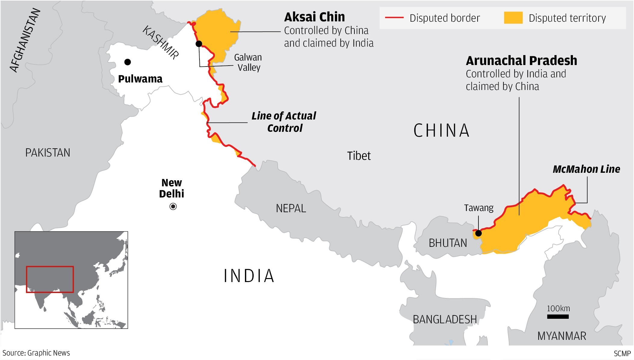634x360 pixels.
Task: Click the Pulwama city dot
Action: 128,62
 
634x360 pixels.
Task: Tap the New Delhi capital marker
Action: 173,206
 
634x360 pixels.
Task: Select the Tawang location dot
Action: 478,233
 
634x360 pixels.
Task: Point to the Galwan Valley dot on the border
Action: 199,44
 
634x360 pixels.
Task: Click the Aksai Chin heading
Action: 314,17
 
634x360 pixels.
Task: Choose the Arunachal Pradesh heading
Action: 521,61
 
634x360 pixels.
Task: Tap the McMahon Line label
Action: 586,169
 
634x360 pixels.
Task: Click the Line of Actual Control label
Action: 284,122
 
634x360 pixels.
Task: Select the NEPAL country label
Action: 291,208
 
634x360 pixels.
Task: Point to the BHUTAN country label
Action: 448,243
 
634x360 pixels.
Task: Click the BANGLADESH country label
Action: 444,319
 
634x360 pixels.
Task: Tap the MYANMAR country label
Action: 561,336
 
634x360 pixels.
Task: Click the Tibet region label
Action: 359,156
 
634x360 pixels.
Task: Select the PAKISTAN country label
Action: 48,153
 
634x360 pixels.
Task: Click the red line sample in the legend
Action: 394,18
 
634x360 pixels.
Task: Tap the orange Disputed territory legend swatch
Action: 513,18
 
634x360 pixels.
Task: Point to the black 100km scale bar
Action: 558,316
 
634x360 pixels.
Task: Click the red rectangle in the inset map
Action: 50,267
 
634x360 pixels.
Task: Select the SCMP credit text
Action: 622,353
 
